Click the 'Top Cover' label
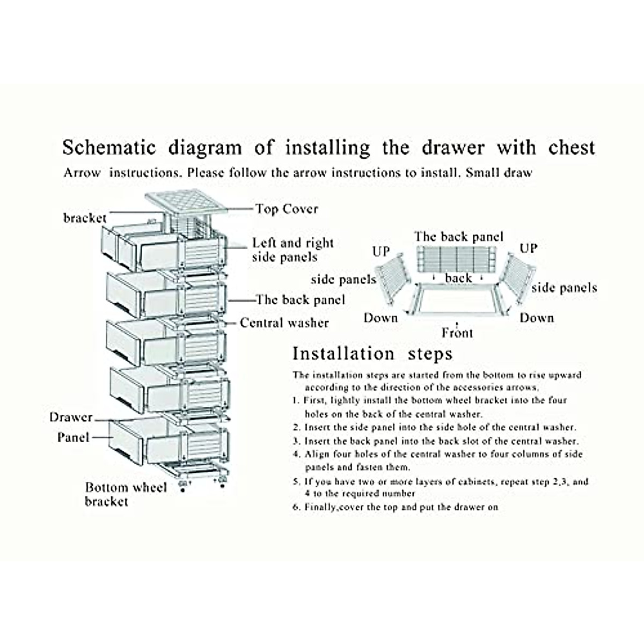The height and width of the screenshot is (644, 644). click(x=287, y=209)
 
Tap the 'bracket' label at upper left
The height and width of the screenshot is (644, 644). click(x=85, y=218)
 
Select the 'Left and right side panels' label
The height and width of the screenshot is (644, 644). click(x=292, y=250)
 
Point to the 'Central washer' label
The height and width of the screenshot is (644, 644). click(x=284, y=323)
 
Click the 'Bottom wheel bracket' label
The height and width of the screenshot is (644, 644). click(x=126, y=494)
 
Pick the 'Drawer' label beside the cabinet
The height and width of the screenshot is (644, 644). click(x=71, y=417)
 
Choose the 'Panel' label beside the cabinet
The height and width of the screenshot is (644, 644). click(x=73, y=437)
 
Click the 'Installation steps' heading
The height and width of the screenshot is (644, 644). click(x=372, y=354)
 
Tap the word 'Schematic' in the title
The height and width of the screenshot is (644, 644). click(x=109, y=148)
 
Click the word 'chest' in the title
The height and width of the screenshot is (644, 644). click(x=572, y=148)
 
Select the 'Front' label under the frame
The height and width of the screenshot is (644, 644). click(x=457, y=333)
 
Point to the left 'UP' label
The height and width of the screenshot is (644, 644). click(x=380, y=251)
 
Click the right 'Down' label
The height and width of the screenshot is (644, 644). click(x=536, y=318)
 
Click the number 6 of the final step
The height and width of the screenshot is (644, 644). click(x=296, y=507)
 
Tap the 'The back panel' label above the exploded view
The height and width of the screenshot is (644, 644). click(x=459, y=237)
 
